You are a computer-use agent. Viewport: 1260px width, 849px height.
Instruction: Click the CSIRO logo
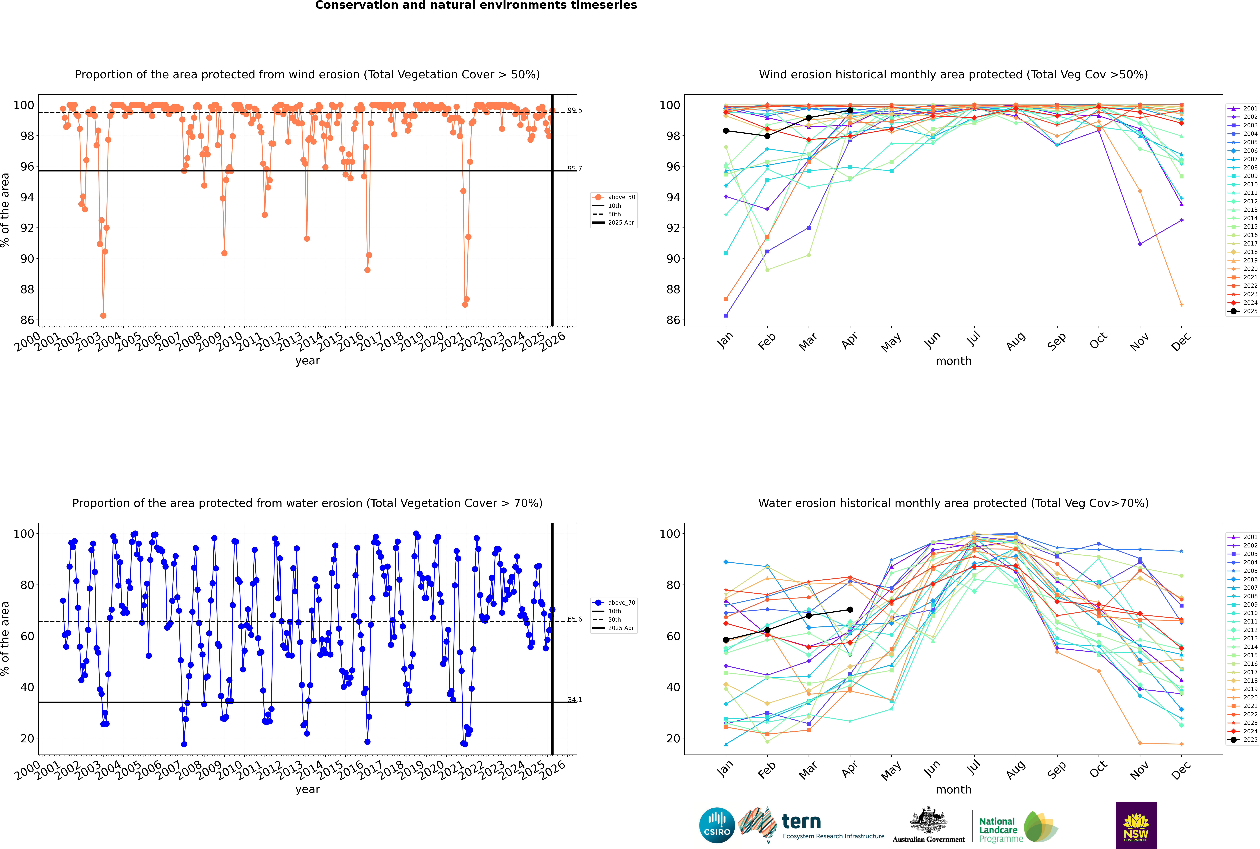pyautogui.click(x=717, y=825)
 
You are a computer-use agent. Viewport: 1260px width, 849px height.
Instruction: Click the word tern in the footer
pyautogui.click(x=801, y=822)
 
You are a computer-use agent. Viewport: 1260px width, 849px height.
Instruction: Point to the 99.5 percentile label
pyautogui.click(x=575, y=110)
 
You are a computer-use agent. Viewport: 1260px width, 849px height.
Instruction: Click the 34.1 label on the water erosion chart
pyautogui.click(x=575, y=700)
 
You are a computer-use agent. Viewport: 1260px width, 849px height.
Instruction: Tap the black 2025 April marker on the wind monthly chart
pyautogui.click(x=850, y=110)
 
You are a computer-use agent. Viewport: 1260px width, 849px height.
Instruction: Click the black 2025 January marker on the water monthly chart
pyautogui.click(x=726, y=640)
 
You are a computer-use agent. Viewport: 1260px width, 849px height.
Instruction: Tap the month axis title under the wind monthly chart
pyautogui.click(x=953, y=361)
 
